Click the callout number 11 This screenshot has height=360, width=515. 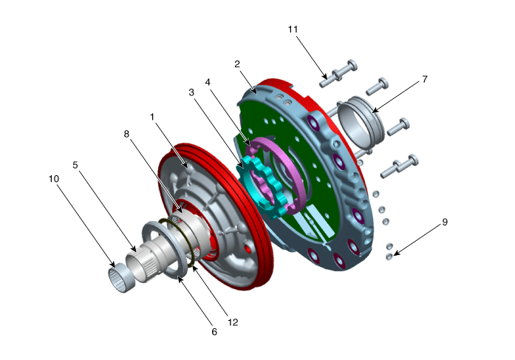293,30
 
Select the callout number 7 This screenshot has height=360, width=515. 425,79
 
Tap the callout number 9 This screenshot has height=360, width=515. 445,222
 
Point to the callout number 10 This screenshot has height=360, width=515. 54,179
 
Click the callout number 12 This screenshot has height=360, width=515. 233,322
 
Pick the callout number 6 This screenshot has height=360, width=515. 214,332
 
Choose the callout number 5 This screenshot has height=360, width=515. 75,165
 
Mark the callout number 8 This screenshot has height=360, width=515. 126,134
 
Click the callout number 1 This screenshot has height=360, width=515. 151,117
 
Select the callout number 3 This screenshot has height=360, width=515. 191,92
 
